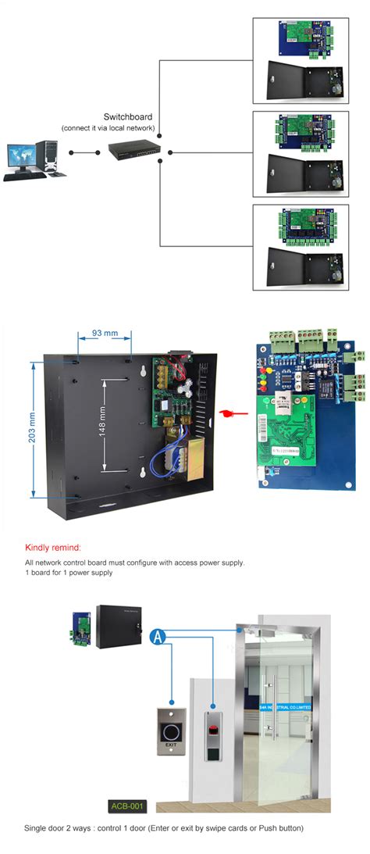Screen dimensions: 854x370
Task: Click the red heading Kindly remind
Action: click(x=52, y=548)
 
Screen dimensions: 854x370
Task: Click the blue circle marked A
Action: click(x=159, y=637)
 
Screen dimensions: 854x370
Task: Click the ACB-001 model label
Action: click(x=124, y=805)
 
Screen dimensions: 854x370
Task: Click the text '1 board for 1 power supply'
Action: click(x=69, y=573)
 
